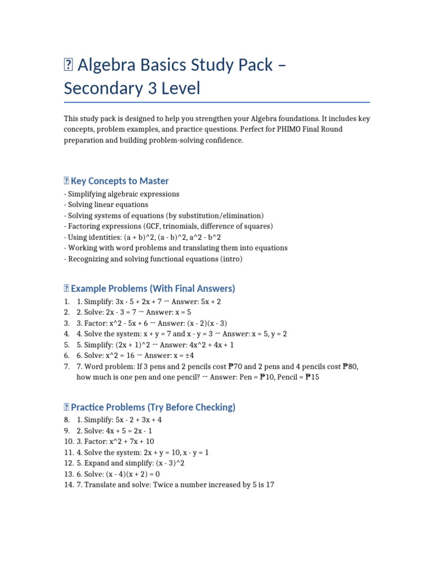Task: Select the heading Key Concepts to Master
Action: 120,181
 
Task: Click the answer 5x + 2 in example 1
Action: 207,302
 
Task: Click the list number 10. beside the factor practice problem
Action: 69,442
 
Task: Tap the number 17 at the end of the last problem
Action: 270,485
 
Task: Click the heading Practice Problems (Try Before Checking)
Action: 153,407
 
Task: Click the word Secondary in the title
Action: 102,89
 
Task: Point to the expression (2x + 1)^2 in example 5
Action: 133,345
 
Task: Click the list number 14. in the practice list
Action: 69,485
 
